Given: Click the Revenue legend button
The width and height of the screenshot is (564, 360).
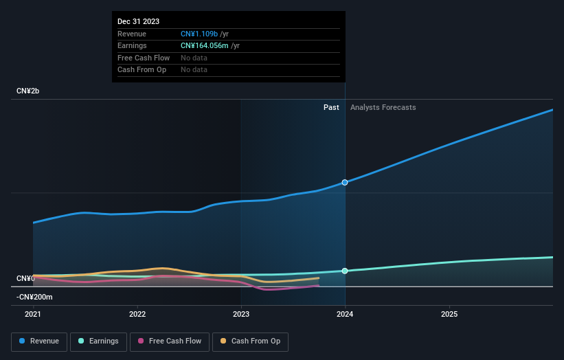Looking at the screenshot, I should pyautogui.click(x=39, y=341).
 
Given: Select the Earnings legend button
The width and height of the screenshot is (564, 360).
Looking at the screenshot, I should pyautogui.click(x=98, y=341).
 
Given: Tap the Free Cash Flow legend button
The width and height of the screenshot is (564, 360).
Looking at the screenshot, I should pyautogui.click(x=170, y=341).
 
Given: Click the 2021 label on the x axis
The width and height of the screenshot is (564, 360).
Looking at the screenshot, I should pyautogui.click(x=33, y=314).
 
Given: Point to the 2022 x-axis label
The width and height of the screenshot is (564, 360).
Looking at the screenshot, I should pyautogui.click(x=137, y=314).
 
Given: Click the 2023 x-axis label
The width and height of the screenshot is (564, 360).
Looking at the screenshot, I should pyautogui.click(x=241, y=314).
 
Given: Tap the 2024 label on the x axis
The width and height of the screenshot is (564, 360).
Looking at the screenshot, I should pyautogui.click(x=345, y=314).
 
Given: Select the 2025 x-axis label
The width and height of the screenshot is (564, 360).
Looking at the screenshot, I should pyautogui.click(x=449, y=314).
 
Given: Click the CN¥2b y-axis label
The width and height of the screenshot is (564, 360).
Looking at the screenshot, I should pyautogui.click(x=28, y=91).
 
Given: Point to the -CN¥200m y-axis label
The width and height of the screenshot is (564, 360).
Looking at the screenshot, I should pyautogui.click(x=34, y=297).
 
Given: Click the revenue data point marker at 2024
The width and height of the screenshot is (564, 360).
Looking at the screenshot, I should pyautogui.click(x=345, y=183).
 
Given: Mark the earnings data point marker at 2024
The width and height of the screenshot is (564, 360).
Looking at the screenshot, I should pyautogui.click(x=345, y=271).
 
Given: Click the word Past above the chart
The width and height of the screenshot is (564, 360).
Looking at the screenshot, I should pyautogui.click(x=331, y=107).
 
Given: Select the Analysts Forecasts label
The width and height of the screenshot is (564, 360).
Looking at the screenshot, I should pyautogui.click(x=383, y=107).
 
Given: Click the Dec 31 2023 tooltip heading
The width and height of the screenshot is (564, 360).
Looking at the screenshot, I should pyautogui.click(x=139, y=21).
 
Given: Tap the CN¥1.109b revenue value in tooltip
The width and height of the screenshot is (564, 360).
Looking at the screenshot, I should pyautogui.click(x=199, y=34).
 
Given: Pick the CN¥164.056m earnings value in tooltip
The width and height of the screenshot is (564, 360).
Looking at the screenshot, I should pyautogui.click(x=205, y=45).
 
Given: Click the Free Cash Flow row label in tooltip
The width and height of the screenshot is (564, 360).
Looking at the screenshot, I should pyautogui.click(x=144, y=58).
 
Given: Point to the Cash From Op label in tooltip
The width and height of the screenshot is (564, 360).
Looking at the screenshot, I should pyautogui.click(x=142, y=69).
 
